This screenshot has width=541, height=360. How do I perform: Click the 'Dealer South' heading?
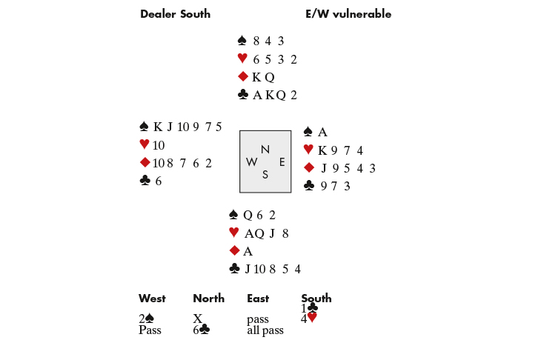pyautogui.click(x=175, y=14)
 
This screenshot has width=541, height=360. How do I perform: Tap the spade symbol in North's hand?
pyautogui.click(x=242, y=41)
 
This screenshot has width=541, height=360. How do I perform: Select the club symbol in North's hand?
pyautogui.click(x=242, y=95)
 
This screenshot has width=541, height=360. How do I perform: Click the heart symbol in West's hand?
pyautogui.click(x=144, y=144)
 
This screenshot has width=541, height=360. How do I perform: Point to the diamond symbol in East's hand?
pyautogui.click(x=309, y=167)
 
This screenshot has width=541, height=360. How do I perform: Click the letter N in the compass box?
pyautogui.click(x=265, y=149)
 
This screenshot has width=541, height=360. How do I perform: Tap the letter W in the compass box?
pyautogui.click(x=251, y=161)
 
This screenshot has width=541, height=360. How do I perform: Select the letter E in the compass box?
pyautogui.click(x=281, y=161)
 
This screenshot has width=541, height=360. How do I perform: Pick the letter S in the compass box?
pyautogui.click(x=265, y=175)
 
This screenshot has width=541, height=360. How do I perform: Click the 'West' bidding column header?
pyautogui.click(x=152, y=299)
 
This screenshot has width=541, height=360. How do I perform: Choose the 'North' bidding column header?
pyautogui.click(x=208, y=299)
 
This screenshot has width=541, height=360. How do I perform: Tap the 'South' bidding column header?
pyautogui.click(x=316, y=299)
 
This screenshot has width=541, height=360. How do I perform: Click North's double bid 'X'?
pyautogui.click(x=198, y=319)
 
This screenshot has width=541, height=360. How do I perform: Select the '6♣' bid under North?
pyautogui.click(x=201, y=330)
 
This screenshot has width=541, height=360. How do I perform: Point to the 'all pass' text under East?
pyautogui.click(x=265, y=330)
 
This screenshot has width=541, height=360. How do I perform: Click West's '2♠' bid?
pyautogui.click(x=146, y=319)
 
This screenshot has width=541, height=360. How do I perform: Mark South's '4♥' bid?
pyautogui.click(x=309, y=319)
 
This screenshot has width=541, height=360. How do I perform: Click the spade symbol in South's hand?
pyautogui.click(x=233, y=216)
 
